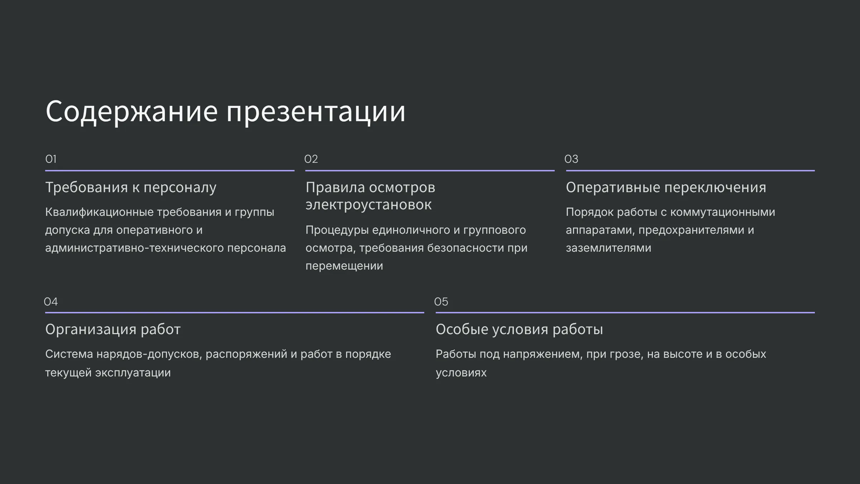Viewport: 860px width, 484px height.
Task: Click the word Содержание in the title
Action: [x=132, y=111]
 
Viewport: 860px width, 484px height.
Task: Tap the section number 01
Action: [x=51, y=159]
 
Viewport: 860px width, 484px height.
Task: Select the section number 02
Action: [x=311, y=159]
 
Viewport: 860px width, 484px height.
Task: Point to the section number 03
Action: [x=571, y=159]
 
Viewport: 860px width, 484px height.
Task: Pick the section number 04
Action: [x=51, y=302]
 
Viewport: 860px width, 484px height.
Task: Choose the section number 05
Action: [x=441, y=302]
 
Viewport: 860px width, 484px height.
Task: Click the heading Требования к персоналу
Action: [x=131, y=188]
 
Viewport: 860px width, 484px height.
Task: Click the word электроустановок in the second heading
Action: [x=368, y=205]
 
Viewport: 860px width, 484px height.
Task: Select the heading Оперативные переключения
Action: [x=666, y=188]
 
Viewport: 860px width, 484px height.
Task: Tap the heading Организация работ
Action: [x=113, y=329]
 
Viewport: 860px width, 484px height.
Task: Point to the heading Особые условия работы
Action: [x=519, y=329]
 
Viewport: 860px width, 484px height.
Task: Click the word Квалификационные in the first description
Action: [x=99, y=212]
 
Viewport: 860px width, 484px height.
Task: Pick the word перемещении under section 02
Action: [x=344, y=266]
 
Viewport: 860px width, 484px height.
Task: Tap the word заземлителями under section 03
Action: [x=608, y=248]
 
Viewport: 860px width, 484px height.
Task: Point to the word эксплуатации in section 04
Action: [x=133, y=373]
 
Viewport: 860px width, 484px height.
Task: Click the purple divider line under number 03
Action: [x=691, y=170]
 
